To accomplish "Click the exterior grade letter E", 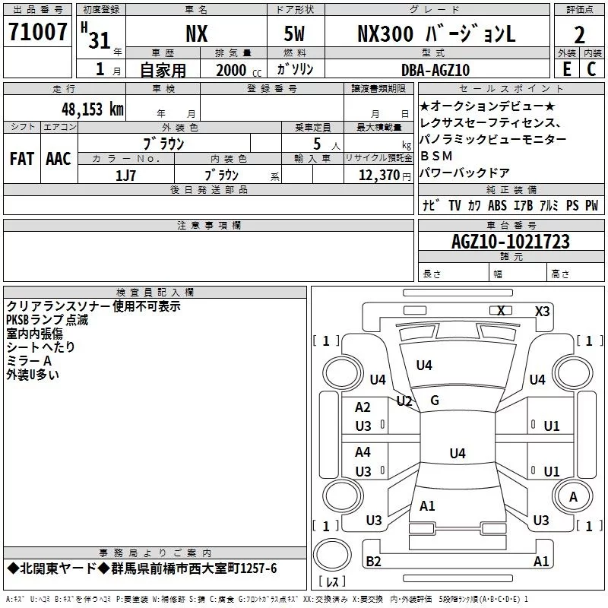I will click(x=566, y=69).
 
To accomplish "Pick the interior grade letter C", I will click(x=591, y=69).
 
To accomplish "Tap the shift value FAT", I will click(x=21, y=159).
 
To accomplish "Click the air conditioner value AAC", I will click(x=58, y=159).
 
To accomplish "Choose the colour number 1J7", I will click(x=125, y=175).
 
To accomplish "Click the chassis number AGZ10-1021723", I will click(x=510, y=242).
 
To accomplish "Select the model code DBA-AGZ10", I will click(x=435, y=70).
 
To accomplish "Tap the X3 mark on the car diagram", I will click(x=542, y=311).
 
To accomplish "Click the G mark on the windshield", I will click(x=435, y=401).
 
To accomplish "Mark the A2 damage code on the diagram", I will click(x=363, y=407).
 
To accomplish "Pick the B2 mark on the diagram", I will click(x=373, y=561).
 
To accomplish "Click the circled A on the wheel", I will click(x=573, y=496).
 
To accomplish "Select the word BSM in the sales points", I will click(x=436, y=156).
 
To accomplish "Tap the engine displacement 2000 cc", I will click(x=237, y=70).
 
